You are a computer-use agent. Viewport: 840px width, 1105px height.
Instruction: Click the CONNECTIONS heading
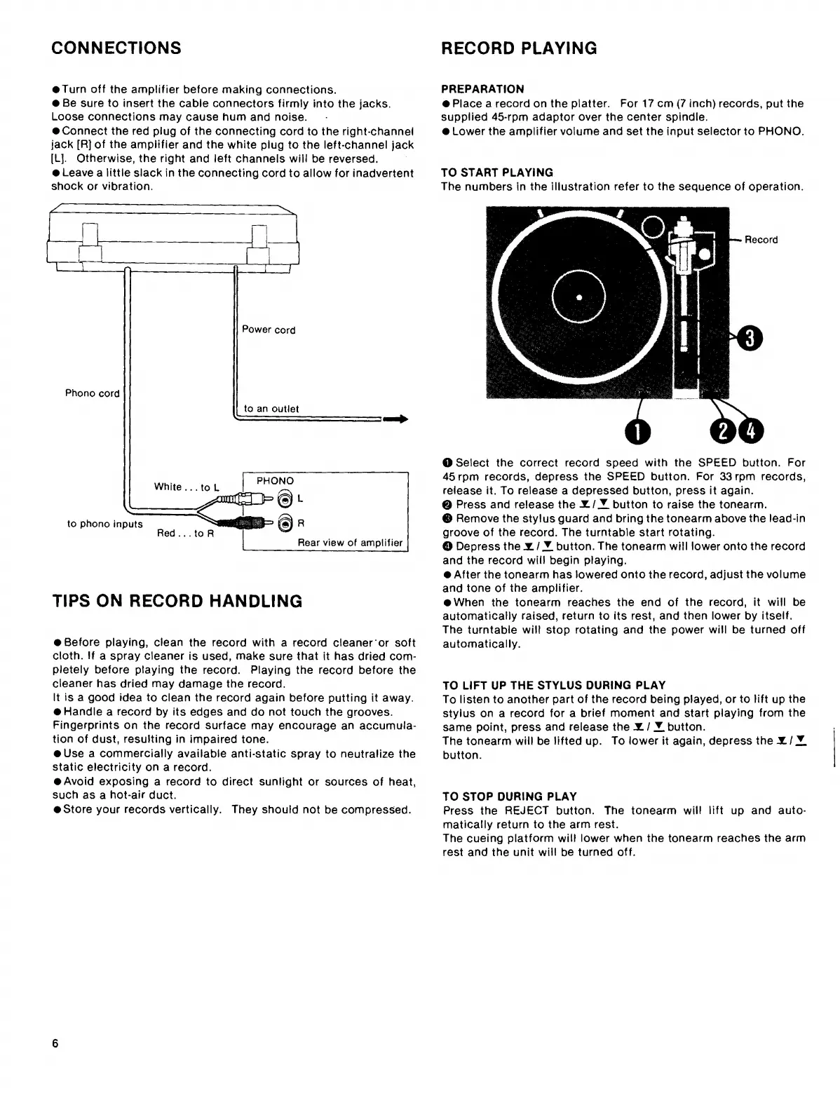coord(116,48)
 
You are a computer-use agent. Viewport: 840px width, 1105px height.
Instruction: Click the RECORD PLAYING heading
coord(519,48)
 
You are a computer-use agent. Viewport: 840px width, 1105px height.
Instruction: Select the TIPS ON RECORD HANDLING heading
coord(177,601)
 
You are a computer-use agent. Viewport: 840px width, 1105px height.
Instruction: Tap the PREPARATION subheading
coord(482,89)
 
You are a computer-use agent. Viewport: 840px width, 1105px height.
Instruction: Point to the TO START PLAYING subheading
coord(497,172)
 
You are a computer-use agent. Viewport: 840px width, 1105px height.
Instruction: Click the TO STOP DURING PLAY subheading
coord(510,796)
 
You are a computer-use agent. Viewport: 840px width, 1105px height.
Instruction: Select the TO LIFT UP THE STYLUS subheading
coord(554,685)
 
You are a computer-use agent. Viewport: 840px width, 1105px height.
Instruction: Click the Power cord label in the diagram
coord(269,330)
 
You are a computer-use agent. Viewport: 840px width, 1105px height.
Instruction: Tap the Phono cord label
coord(93,393)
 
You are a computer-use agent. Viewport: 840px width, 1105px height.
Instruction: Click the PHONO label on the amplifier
coord(275,481)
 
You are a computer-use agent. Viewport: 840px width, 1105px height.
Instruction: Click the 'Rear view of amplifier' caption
coord(350,543)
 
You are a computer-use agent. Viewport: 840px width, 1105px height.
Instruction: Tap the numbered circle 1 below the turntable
coord(637,433)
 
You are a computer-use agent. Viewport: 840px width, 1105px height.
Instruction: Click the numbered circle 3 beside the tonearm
coord(748,339)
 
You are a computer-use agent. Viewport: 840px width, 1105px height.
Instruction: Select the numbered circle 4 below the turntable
coord(749,432)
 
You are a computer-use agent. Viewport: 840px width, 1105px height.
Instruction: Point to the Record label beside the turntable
coord(761,240)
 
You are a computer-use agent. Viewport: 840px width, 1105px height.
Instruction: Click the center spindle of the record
coord(579,297)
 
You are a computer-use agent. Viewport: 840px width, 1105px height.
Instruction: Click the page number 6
coord(55,1043)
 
